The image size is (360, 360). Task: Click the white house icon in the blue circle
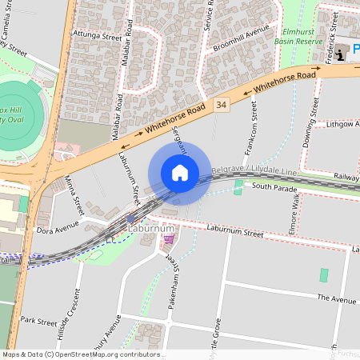pos(180,173)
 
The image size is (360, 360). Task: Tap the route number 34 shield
pos(222,104)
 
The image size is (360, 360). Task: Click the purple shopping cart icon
pos(168,238)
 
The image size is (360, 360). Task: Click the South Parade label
pos(274,188)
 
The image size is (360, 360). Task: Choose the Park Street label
pos(38,321)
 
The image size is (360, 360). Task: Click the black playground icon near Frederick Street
pos(342,54)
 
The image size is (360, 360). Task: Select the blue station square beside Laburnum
pos(130,218)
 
